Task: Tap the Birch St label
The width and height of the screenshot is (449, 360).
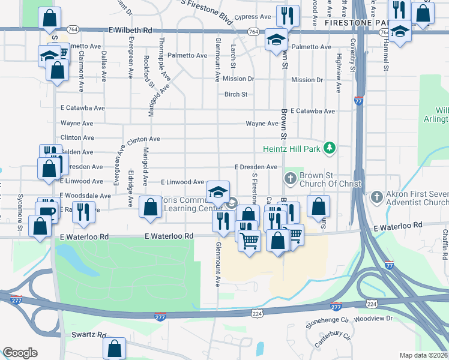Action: (236, 94)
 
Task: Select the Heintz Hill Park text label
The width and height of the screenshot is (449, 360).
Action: (291, 148)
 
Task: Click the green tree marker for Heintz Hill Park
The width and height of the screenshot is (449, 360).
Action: (329, 148)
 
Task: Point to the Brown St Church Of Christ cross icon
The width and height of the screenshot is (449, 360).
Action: (290, 178)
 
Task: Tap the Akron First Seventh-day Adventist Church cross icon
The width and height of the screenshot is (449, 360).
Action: (376, 196)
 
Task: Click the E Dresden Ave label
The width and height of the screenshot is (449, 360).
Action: (256, 167)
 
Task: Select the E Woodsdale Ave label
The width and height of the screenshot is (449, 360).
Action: (85, 196)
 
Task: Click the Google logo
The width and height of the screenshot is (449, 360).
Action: (20, 353)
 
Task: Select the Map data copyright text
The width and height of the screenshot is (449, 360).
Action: (423, 355)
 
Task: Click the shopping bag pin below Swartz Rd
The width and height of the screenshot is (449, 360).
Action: (114, 348)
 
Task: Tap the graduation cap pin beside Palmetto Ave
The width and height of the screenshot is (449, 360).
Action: (276, 40)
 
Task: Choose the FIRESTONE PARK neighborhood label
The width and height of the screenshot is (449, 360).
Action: (354, 22)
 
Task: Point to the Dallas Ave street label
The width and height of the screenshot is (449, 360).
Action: (104, 67)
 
